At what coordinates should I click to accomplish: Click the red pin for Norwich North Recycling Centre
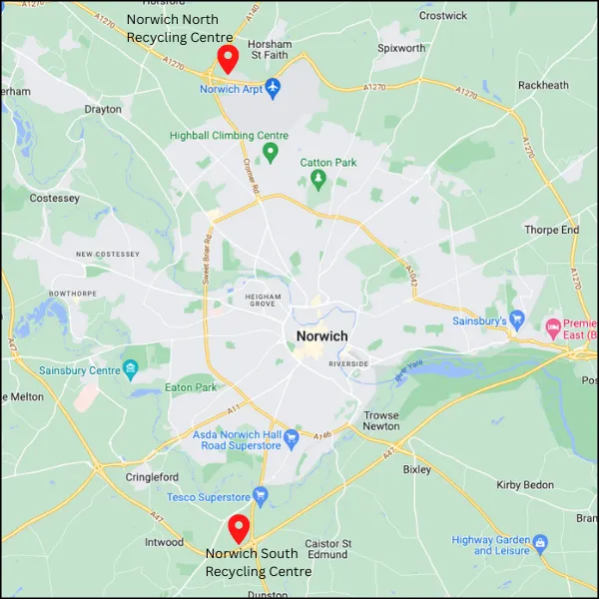pyautogui.click(x=228, y=59)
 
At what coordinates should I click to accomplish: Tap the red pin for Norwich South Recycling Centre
pyautogui.click(x=238, y=526)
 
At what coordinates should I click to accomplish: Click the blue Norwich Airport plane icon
pyautogui.click(x=275, y=89)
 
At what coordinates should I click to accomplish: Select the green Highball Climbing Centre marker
pyautogui.click(x=270, y=153)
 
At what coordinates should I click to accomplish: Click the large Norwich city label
pyautogui.click(x=321, y=336)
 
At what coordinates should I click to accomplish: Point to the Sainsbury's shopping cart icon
pyautogui.click(x=517, y=319)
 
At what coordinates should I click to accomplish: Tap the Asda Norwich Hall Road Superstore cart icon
pyautogui.click(x=291, y=438)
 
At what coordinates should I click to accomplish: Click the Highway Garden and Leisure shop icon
pyautogui.click(x=540, y=544)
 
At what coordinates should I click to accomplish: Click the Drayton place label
pyautogui.click(x=103, y=109)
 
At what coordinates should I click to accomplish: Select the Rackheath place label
pyautogui.click(x=543, y=86)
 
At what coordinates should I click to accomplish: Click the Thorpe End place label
pyautogui.click(x=551, y=230)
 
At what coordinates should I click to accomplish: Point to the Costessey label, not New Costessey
pyautogui.click(x=54, y=199)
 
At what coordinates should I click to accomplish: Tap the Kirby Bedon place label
pyautogui.click(x=524, y=484)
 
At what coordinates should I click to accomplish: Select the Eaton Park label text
pyautogui.click(x=190, y=387)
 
